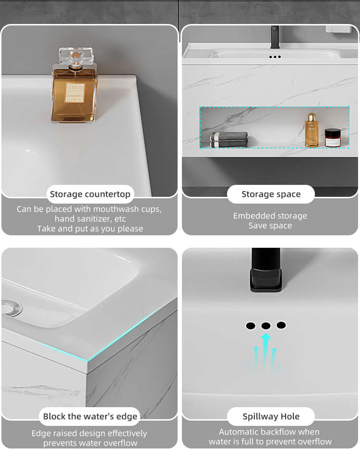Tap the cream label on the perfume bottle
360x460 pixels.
tap(75, 93)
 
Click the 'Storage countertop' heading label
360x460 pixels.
tap(90, 194)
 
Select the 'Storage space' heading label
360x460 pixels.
tap(271, 194)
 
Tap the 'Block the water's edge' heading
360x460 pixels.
tap(90, 416)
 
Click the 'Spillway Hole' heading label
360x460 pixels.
tap(271, 416)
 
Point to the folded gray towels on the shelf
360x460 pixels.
tap(229, 139)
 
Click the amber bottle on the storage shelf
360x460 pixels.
tap(312, 130)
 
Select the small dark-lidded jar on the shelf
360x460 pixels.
tap(333, 138)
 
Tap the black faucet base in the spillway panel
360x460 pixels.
tap(266, 280)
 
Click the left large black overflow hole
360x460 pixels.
tap(251, 326)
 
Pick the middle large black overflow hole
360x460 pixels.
tap(266, 326)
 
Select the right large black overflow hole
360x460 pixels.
tap(281, 325)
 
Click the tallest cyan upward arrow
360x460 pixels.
tap(265, 352)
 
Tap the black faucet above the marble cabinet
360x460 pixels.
tap(275, 37)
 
